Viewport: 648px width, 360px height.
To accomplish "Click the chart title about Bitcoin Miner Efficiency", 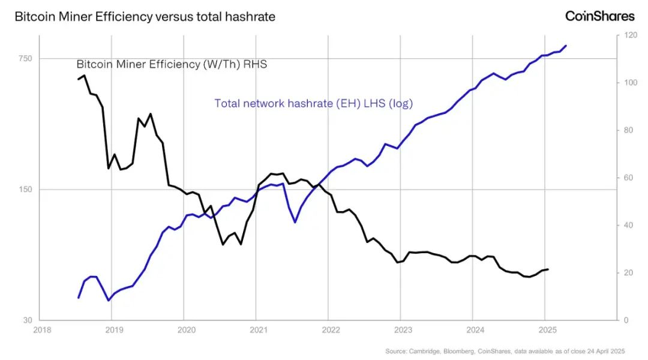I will tap(145, 17).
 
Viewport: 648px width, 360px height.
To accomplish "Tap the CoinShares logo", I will tap(599, 16).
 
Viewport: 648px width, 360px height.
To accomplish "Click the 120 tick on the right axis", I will tap(629, 35).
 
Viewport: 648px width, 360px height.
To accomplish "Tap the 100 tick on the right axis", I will tap(629, 82).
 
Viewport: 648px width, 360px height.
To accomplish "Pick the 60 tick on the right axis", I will tap(628, 178).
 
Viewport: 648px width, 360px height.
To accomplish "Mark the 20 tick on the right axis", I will tap(628, 272).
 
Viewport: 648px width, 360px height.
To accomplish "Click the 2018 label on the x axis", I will tap(41, 330).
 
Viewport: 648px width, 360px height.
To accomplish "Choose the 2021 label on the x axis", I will tap(258, 330).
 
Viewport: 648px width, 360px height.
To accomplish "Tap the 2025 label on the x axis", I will tap(547, 330).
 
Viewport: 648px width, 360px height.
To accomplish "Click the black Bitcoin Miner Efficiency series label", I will tap(171, 64).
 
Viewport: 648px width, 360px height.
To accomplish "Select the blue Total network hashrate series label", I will tap(314, 103).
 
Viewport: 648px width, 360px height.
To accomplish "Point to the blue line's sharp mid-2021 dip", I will tap(295, 223).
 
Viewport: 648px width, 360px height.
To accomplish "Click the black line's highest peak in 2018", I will tap(85, 76).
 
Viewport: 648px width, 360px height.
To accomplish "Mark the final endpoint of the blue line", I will tap(566, 46).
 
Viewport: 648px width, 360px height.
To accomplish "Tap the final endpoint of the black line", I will tap(548, 269).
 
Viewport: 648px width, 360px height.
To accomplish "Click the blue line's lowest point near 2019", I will tap(108, 300).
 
